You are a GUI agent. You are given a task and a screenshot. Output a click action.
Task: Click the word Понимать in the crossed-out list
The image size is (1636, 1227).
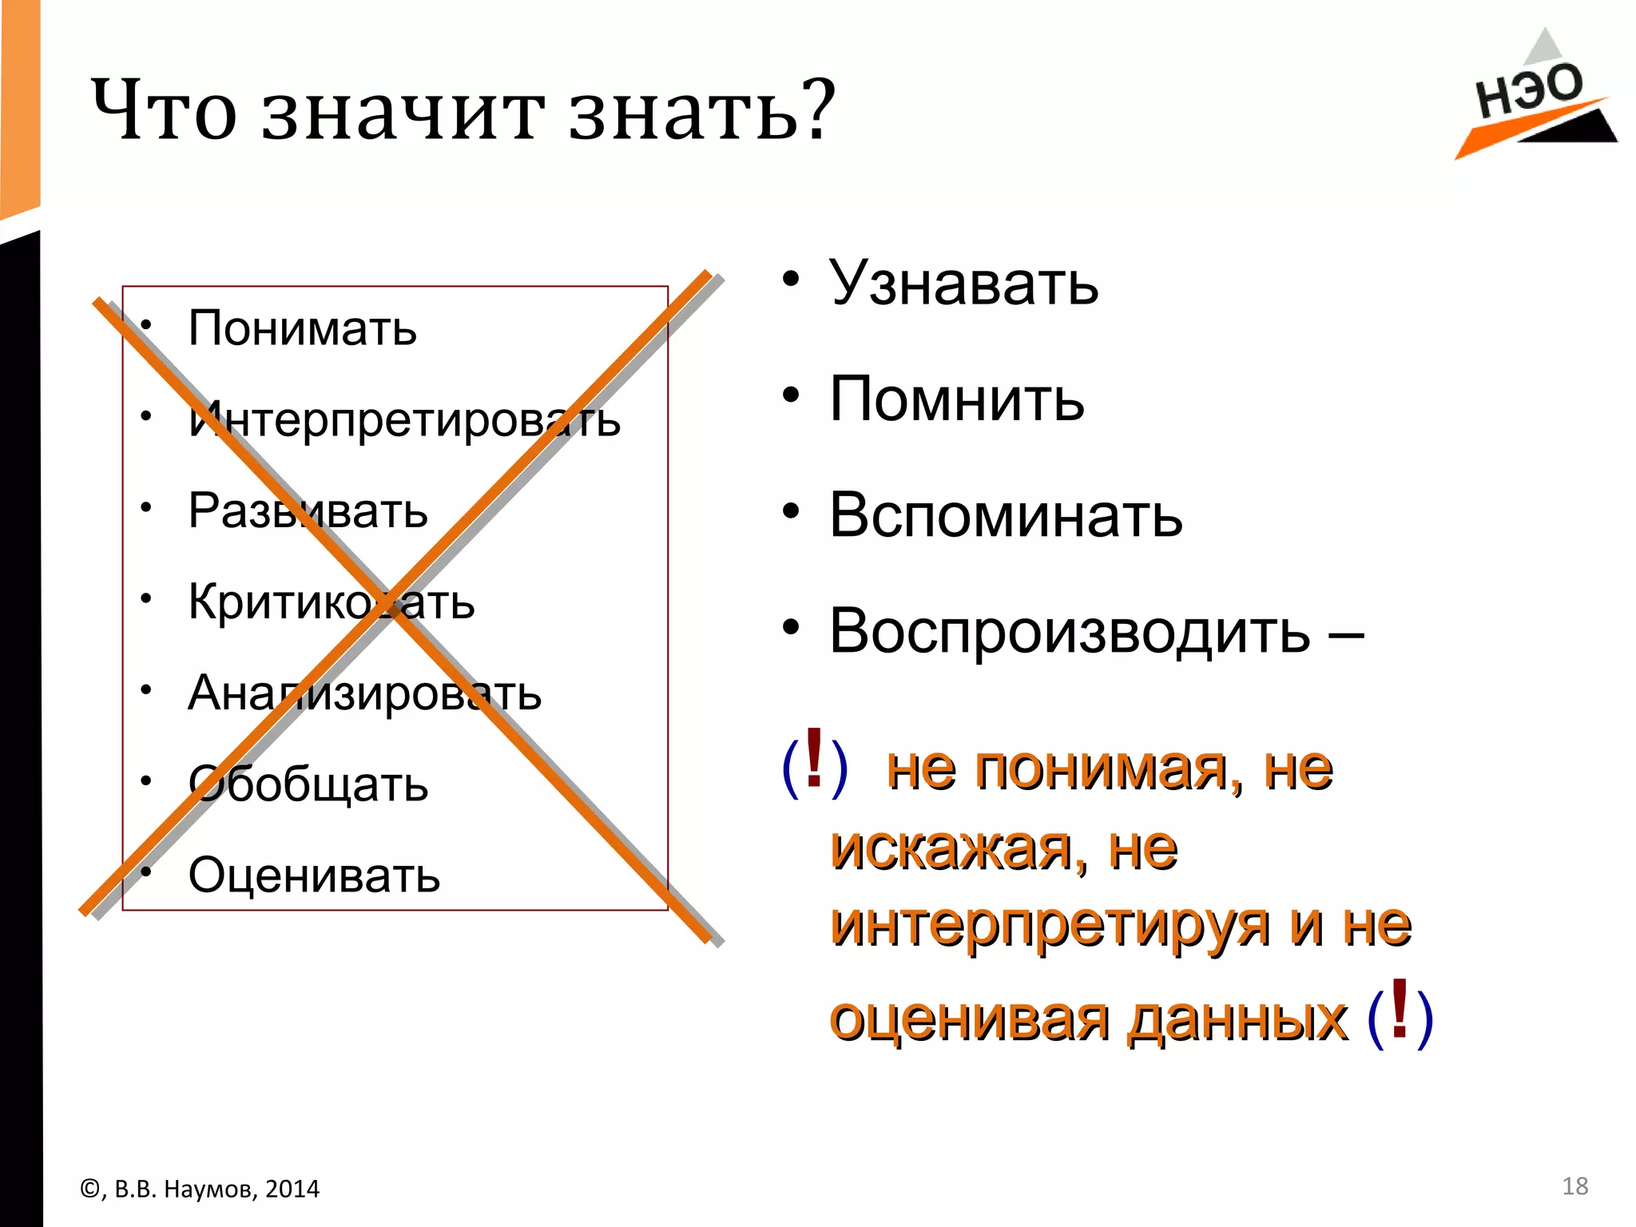point(302,328)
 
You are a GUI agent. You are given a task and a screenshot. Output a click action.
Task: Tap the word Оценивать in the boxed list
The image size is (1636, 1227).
point(314,876)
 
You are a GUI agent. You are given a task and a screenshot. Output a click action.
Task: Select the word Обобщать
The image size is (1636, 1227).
point(308,784)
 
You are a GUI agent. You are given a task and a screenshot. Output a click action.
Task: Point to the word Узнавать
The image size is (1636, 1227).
point(963,283)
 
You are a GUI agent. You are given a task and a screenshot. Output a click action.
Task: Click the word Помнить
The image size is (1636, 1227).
point(957,399)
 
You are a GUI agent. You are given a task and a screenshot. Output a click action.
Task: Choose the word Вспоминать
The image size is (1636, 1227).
point(1006,515)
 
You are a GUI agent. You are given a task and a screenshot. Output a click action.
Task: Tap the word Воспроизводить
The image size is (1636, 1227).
point(1070,631)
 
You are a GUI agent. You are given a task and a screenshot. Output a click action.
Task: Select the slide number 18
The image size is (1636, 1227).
point(1574,1186)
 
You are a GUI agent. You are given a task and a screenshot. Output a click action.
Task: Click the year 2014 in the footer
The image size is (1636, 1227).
point(292,1189)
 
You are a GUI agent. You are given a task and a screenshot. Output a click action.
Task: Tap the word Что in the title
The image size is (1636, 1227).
point(164,112)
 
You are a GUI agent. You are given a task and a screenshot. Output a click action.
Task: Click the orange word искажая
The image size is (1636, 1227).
point(951,848)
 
